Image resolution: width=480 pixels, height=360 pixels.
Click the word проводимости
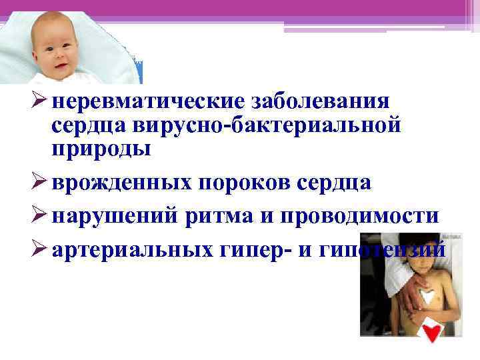click(x=363, y=217)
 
